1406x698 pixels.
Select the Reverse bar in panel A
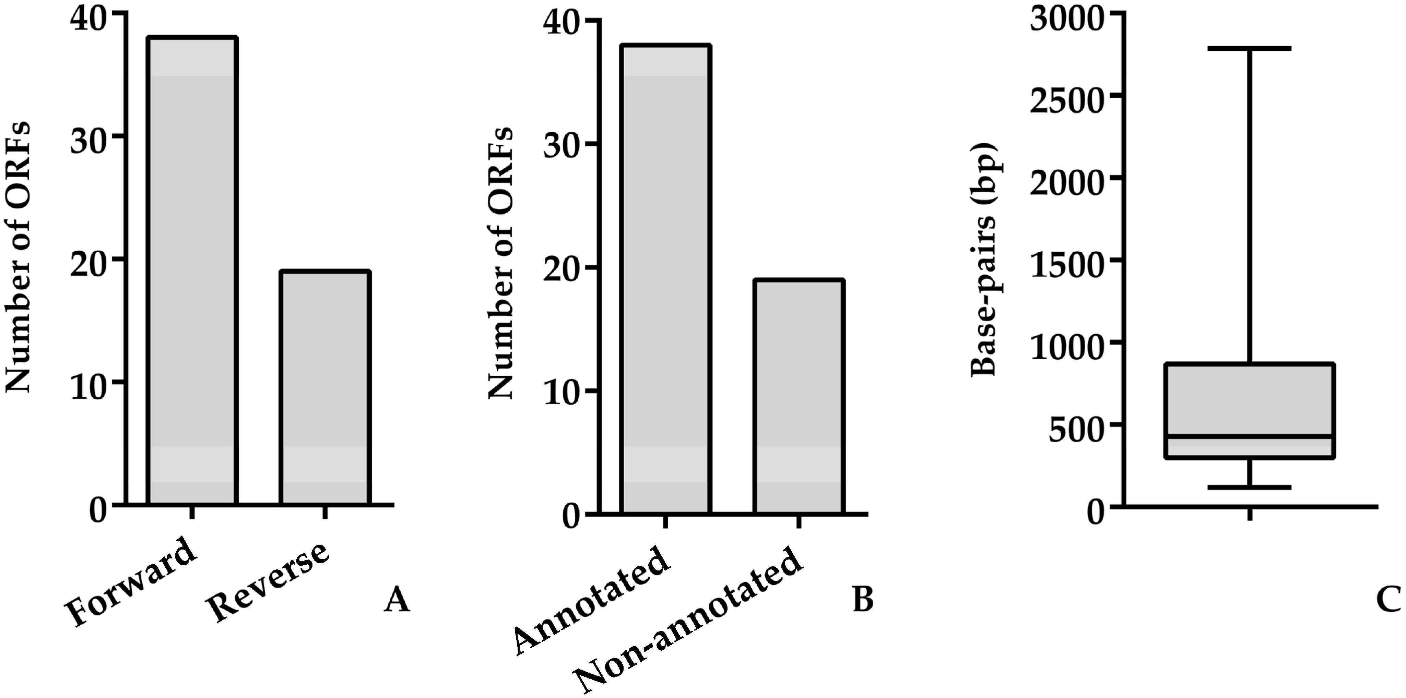pos(325,387)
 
